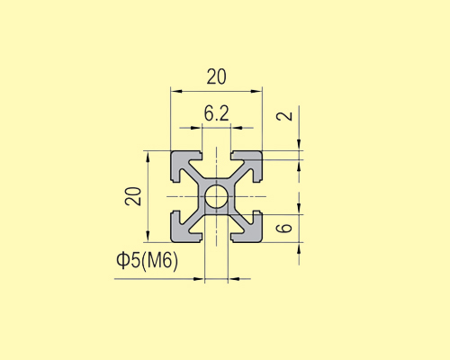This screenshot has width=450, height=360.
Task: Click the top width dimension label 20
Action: tap(216, 76)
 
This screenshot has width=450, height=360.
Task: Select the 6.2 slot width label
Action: tap(216, 113)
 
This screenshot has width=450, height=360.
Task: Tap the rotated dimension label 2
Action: tap(284, 116)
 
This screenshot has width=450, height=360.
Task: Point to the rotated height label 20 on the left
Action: tap(134, 196)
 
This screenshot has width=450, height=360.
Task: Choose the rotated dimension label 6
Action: tap(284, 228)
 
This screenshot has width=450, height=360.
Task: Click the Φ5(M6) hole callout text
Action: tap(148, 261)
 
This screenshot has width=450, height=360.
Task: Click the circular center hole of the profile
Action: tap(216, 196)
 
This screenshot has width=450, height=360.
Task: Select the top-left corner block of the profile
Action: tap(183, 162)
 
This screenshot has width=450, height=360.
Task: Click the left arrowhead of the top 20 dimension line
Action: tap(175, 91)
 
